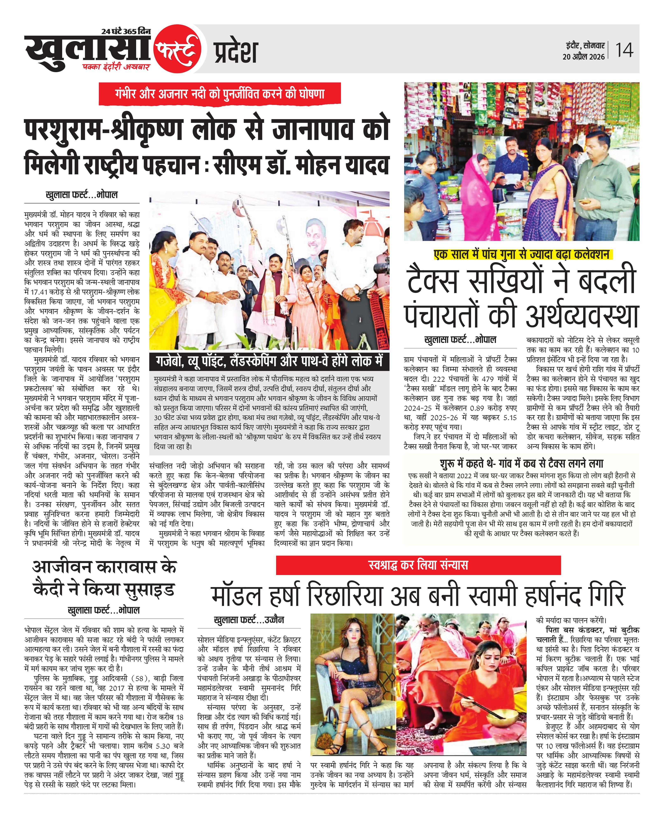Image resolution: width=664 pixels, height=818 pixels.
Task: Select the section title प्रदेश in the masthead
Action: tap(235, 52)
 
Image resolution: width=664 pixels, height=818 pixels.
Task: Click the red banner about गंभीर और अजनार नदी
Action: tap(219, 94)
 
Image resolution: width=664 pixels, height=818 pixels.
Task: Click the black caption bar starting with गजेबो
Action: tap(269, 361)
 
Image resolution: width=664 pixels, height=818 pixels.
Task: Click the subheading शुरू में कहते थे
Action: tap(521, 464)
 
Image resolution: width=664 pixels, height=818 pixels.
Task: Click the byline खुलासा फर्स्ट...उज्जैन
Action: tap(249, 620)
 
